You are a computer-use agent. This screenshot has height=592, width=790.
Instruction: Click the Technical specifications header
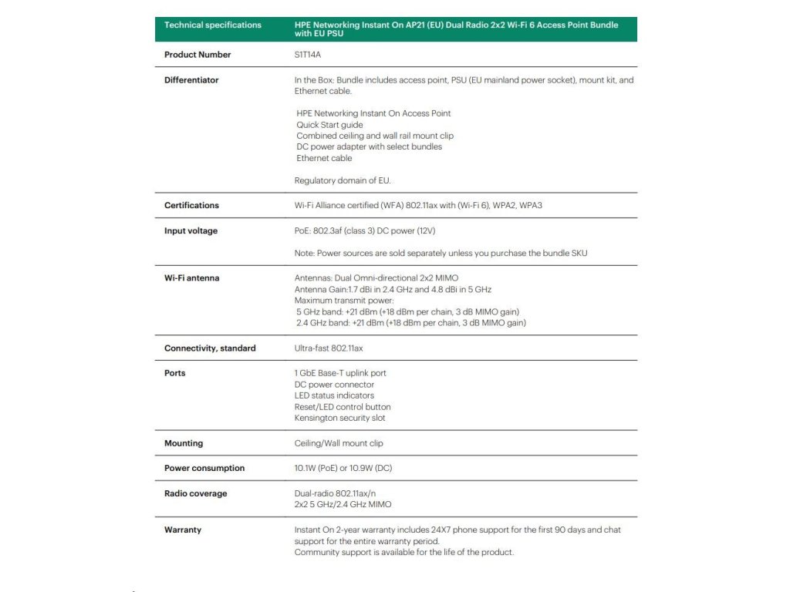(x=213, y=25)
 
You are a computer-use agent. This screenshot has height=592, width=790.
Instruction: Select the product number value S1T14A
(x=309, y=55)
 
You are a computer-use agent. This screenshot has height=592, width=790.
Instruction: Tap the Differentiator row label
(x=191, y=80)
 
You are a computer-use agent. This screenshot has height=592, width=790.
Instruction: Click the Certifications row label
(x=191, y=205)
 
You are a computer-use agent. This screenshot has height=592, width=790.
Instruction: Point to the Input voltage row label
(x=191, y=231)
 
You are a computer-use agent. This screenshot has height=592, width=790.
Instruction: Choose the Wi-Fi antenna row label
(x=191, y=278)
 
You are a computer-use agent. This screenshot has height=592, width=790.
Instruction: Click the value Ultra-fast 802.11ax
(x=329, y=348)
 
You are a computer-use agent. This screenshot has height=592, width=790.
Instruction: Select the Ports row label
(x=175, y=373)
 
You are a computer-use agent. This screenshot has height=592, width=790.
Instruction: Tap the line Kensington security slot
(x=339, y=418)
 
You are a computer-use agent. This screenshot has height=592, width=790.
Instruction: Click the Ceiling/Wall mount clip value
(x=339, y=443)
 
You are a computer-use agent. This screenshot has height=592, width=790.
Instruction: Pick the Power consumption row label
(x=204, y=468)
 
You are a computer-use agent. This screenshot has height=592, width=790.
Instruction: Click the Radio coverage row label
(x=196, y=493)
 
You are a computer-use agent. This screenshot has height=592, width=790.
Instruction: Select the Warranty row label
(x=183, y=530)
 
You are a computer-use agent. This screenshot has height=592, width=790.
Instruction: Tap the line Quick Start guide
(x=329, y=125)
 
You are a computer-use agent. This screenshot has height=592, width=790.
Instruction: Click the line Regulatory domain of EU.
(x=343, y=180)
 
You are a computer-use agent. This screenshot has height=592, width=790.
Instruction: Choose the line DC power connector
(x=334, y=385)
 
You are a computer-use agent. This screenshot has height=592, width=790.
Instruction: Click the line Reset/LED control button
(x=343, y=407)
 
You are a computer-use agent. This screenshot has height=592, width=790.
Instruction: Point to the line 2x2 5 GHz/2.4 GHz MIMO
(x=343, y=504)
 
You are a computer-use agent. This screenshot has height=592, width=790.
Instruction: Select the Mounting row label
(x=184, y=443)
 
